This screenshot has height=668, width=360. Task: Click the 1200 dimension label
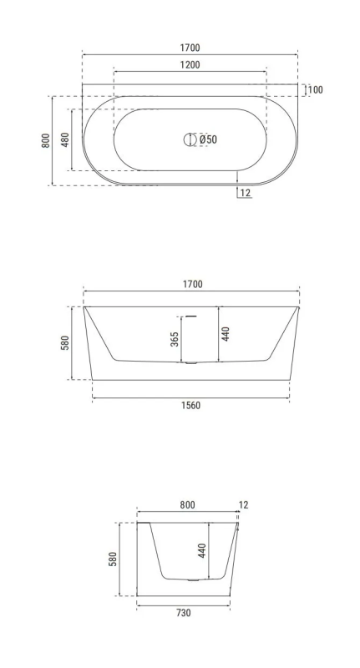tap(190, 65)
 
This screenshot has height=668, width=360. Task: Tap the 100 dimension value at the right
tap(315, 90)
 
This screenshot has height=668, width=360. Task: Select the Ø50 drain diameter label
tap(208, 139)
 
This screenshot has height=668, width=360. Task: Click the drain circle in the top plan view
tap(189, 139)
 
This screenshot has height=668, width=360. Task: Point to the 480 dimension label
tap(65, 139)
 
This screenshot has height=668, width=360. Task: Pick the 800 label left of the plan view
tap(46, 140)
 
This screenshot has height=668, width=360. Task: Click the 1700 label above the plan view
tap(190, 48)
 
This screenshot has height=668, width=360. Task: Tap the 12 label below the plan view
tap(246, 193)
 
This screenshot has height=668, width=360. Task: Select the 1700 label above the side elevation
tap(193, 284)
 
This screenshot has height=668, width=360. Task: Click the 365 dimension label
tap(175, 339)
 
